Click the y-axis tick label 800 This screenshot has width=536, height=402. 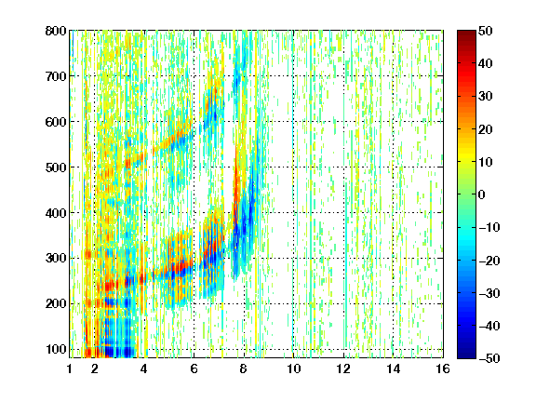[x=56, y=31]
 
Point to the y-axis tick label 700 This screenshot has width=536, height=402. [x=56, y=76]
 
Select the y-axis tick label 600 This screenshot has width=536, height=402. [x=56, y=122]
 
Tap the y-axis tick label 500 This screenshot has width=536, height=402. [x=56, y=167]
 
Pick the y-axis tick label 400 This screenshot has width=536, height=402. [x=56, y=213]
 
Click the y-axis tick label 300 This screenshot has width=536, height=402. [x=56, y=258]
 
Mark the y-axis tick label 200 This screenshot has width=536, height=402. [x=56, y=303]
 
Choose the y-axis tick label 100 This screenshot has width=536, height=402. [x=56, y=349]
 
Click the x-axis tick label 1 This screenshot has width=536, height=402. [x=70, y=368]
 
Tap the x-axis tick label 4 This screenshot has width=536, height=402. [x=144, y=368]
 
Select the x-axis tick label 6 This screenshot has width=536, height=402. [x=194, y=368]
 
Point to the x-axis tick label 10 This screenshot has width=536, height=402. [x=293, y=368]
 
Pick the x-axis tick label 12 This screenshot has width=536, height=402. [x=343, y=368]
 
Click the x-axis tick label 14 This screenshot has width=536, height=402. [x=394, y=368]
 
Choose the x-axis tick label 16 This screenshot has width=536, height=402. [x=443, y=368]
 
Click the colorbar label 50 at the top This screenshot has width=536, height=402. [x=486, y=31]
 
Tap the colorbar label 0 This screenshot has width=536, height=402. [x=482, y=194]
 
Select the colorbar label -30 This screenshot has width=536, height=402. [x=489, y=293]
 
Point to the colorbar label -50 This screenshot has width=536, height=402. [x=489, y=358]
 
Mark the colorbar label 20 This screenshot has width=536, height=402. [x=486, y=129]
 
